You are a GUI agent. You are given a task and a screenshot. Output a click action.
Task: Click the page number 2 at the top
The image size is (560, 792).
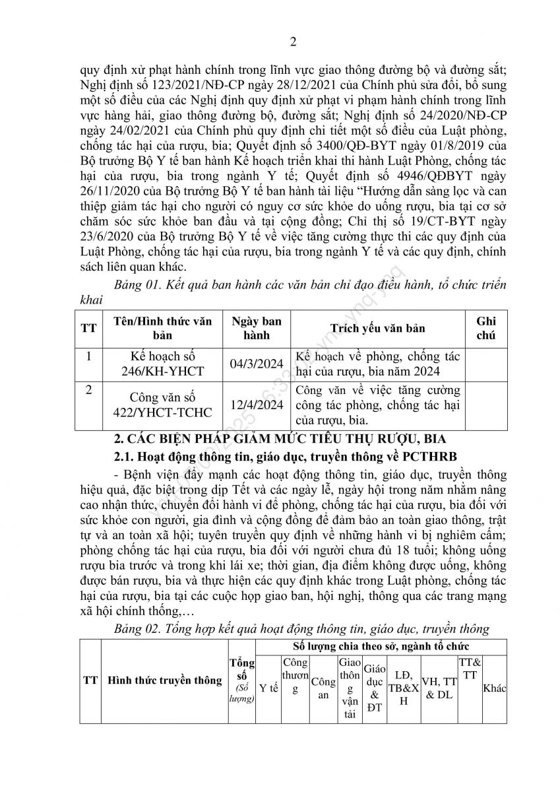click(295, 44)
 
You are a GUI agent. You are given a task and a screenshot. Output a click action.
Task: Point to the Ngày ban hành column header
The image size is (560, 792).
click(257, 328)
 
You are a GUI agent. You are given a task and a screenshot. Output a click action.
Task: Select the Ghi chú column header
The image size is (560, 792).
click(485, 328)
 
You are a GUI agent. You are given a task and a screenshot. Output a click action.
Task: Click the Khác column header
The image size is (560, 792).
click(495, 688)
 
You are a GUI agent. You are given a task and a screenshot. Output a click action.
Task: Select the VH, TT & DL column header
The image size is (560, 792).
click(439, 688)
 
